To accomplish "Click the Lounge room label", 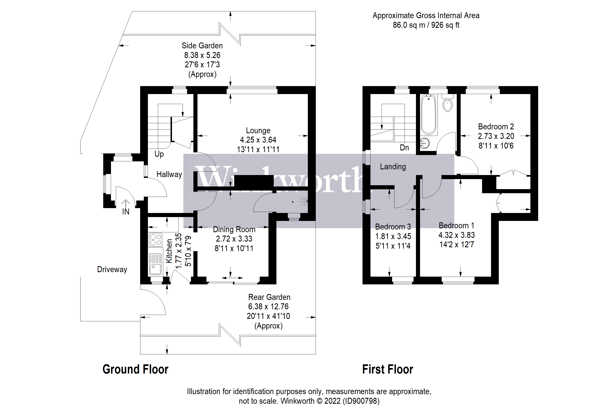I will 258,130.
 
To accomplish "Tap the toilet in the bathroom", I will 447,104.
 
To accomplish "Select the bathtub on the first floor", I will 428,114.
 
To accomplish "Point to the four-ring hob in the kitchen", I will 155,240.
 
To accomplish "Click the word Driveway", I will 112,269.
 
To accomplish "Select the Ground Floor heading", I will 135,369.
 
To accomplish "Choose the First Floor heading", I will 387,369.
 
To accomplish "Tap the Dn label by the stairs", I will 404,147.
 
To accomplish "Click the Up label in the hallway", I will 159,154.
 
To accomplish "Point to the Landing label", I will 393,166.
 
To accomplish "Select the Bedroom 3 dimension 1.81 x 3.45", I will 393,236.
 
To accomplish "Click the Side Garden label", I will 202,45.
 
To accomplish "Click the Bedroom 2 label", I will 496,127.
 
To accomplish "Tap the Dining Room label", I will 234,229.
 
